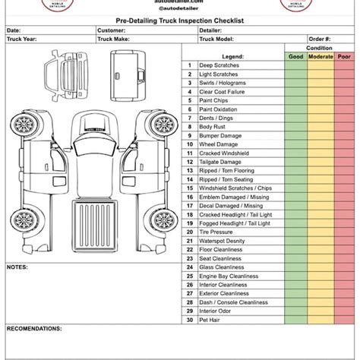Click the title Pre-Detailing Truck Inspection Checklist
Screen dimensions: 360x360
pyautogui.click(x=179, y=22)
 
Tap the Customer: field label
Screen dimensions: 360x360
pyautogui.click(x=111, y=30)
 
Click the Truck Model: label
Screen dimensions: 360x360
pyautogui.click(x=216, y=39)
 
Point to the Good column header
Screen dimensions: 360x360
pyautogui.click(x=295, y=56)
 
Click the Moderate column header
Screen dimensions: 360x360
pyautogui.click(x=320, y=56)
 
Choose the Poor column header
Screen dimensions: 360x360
pyautogui.click(x=344, y=56)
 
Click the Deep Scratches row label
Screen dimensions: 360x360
pyautogui.click(x=219, y=65)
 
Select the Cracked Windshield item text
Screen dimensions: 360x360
pyautogui.click(x=224, y=153)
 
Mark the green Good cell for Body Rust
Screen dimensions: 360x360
pyautogui.click(x=295, y=127)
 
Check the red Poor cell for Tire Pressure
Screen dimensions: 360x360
pyautogui.click(x=344, y=232)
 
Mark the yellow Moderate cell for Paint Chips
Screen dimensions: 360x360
pyautogui.click(x=320, y=100)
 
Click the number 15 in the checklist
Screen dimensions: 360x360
pyautogui.click(x=189, y=188)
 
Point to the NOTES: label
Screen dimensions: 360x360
pyautogui.click(x=17, y=267)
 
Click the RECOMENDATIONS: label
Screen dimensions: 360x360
pyautogui.click(x=34, y=329)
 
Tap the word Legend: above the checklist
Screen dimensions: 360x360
pyautogui.click(x=232, y=56)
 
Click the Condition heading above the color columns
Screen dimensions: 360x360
pyautogui.click(x=319, y=47)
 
